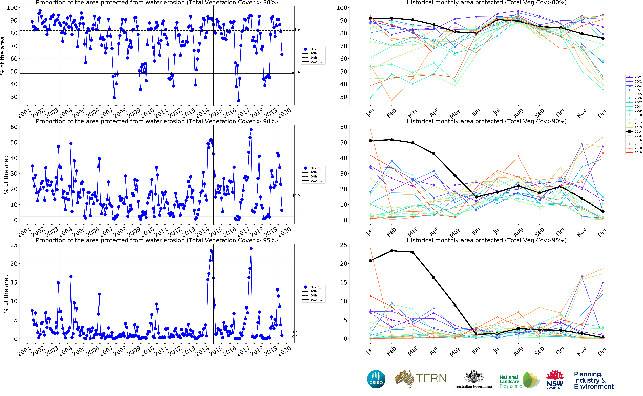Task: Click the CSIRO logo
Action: tap(376, 379)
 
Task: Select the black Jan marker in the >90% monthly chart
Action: tap(370, 141)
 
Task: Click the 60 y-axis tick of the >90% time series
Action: tap(14, 127)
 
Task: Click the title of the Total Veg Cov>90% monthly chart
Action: tap(486, 121)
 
